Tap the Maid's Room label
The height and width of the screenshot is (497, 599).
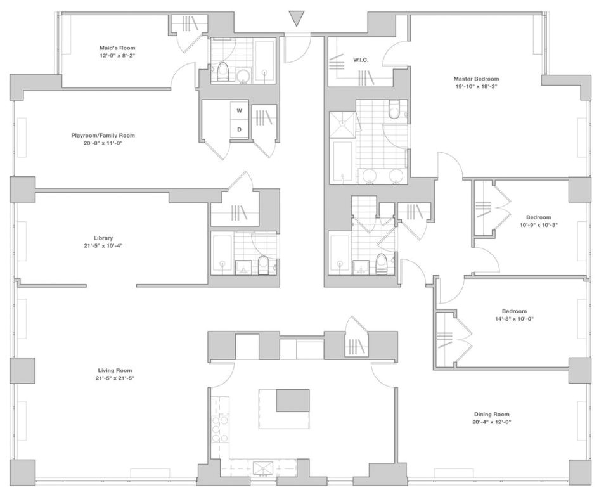click(117, 48)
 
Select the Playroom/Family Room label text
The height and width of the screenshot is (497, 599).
click(103, 135)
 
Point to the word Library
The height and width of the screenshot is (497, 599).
click(103, 238)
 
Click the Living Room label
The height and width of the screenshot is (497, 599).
click(115, 370)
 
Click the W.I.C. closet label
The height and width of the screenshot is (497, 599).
click(361, 60)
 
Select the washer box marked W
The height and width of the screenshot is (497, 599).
click(239, 111)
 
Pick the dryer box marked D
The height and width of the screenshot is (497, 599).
click(239, 129)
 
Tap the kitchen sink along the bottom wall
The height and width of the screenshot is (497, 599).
click(262, 468)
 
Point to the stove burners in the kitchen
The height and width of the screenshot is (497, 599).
click(219, 428)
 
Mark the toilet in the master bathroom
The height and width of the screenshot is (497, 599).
click(394, 112)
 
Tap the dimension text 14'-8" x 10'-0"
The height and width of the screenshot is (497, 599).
click(514, 319)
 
